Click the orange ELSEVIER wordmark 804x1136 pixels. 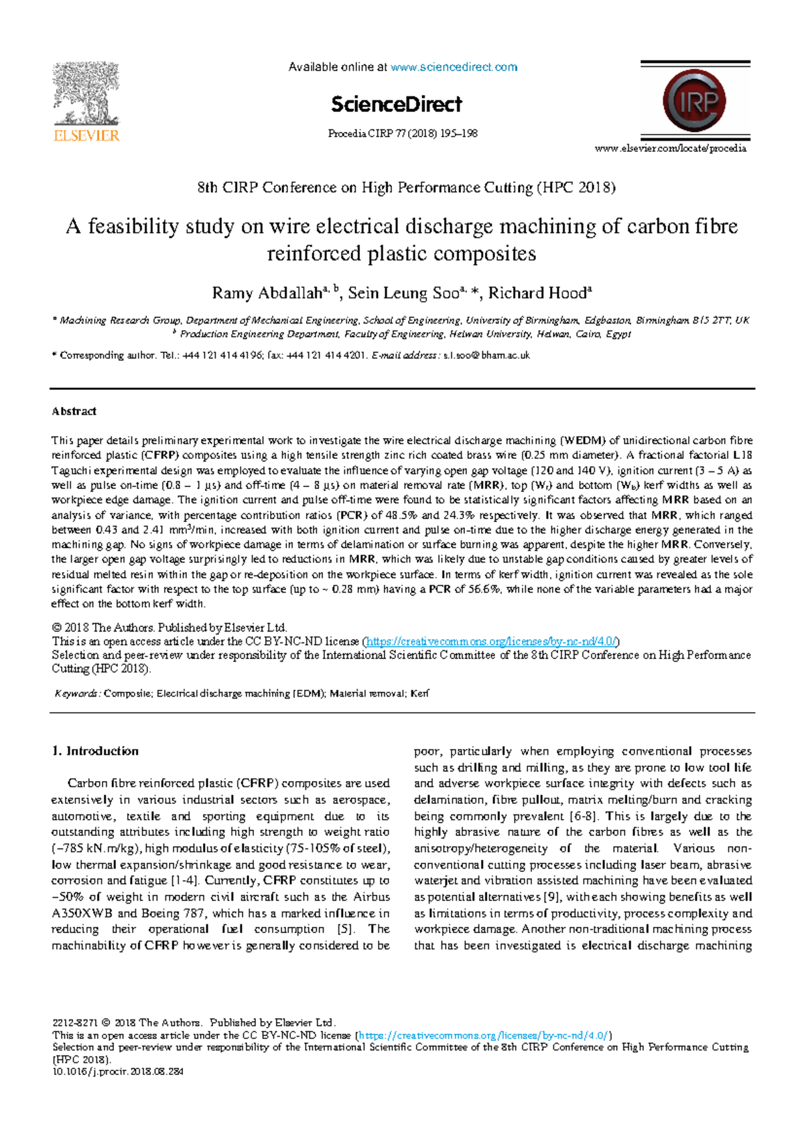click(86, 135)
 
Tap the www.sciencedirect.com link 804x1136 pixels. click(454, 67)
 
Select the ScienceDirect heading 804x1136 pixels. click(396, 104)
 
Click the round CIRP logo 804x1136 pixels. click(694, 101)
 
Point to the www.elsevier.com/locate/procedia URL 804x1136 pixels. click(670, 148)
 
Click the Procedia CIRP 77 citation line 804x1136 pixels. click(402, 133)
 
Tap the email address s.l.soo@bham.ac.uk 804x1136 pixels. click(486, 356)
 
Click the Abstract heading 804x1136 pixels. click(74, 411)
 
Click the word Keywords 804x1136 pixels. click(76, 694)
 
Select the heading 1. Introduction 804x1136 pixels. click(95, 751)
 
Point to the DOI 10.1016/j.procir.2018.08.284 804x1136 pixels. click(117, 1072)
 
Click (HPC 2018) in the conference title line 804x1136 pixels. click(576, 188)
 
